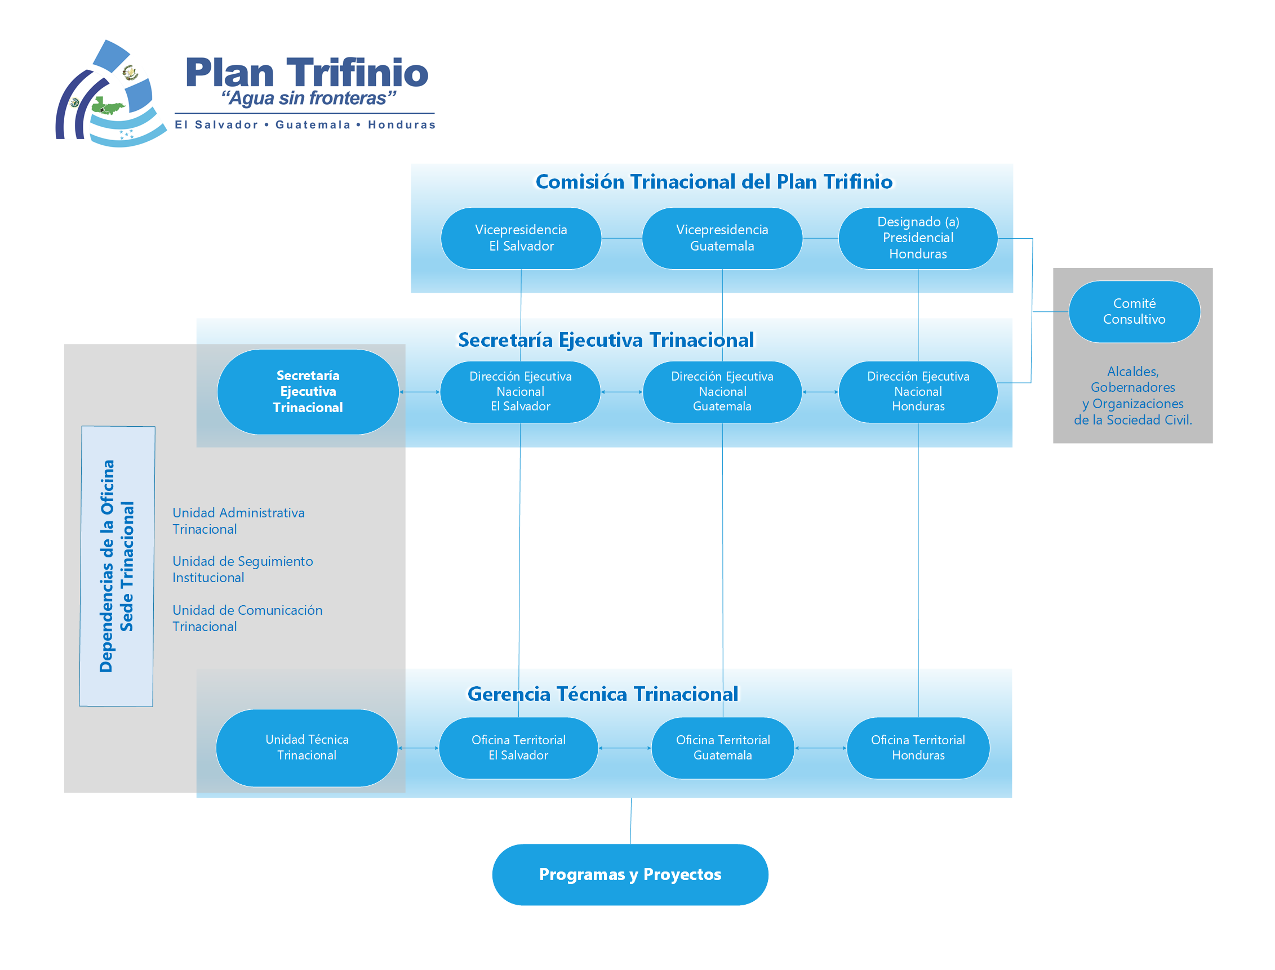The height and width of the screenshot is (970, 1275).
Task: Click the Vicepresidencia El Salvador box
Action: tap(521, 238)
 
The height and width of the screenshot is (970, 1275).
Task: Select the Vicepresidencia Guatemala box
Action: tap(722, 238)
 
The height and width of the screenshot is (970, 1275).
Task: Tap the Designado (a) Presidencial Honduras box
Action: tap(917, 238)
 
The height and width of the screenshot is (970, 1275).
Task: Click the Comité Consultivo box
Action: tap(1134, 311)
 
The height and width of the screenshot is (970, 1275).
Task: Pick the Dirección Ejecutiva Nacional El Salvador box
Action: tap(520, 391)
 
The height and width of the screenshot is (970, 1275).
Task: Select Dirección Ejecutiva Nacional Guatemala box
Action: tap(722, 391)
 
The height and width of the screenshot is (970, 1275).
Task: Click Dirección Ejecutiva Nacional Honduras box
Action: tap(917, 391)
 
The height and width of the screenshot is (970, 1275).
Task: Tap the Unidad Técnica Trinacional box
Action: tap(306, 747)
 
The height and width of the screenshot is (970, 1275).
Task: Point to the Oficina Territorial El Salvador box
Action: tap(518, 747)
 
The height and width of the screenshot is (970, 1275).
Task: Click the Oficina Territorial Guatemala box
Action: tap(722, 747)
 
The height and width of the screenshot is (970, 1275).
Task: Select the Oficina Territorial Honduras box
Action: tap(917, 747)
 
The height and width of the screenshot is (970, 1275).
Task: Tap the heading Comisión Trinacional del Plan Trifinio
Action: tap(713, 181)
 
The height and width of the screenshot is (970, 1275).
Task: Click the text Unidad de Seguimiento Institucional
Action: tap(243, 569)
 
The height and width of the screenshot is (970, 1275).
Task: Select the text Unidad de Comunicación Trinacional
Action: tap(247, 618)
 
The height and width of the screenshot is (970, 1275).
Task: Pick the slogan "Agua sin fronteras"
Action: tap(309, 97)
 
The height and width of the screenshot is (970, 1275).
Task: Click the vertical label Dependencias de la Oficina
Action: tap(107, 566)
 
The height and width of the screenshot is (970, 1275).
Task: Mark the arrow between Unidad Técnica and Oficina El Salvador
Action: tap(418, 748)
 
